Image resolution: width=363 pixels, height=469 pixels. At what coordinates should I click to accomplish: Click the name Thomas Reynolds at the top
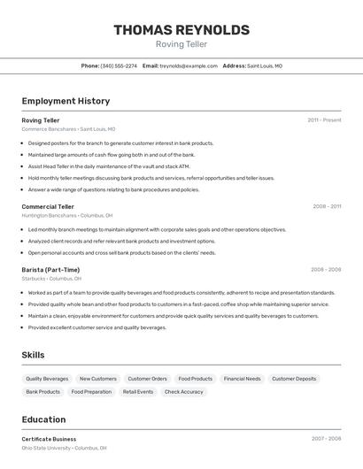(x=181, y=30)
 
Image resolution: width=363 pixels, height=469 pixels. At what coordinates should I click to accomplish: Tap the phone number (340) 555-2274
(x=119, y=65)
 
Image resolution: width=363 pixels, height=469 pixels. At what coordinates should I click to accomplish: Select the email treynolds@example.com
(x=188, y=65)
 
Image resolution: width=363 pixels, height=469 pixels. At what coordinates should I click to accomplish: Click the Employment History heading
(x=66, y=101)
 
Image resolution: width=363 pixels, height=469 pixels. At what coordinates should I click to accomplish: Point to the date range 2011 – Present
(x=324, y=119)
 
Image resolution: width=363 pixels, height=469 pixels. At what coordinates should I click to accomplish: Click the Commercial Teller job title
(x=49, y=206)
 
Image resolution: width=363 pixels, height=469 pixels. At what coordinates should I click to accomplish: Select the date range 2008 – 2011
(x=327, y=206)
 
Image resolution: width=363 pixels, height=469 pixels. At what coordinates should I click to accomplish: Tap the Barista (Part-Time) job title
(x=50, y=269)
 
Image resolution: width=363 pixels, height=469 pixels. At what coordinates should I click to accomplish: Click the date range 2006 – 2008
(x=326, y=269)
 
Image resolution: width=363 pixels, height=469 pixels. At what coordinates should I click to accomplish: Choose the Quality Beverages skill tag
(x=47, y=379)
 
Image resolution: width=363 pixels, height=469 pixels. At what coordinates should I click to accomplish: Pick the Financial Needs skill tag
(x=242, y=379)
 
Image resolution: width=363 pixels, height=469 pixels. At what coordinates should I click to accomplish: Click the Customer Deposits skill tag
(x=294, y=379)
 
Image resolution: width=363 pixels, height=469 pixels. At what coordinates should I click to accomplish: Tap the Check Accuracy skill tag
(x=183, y=391)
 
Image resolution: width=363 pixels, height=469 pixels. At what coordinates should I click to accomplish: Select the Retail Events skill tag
(x=138, y=391)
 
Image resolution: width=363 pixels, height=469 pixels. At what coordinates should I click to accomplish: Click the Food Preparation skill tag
(x=91, y=391)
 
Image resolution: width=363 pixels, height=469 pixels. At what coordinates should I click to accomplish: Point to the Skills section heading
(x=34, y=355)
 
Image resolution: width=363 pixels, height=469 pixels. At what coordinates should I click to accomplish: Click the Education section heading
(x=43, y=419)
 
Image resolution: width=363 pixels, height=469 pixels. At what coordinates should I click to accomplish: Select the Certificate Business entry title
(x=49, y=439)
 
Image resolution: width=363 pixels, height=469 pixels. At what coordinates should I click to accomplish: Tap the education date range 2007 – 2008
(x=326, y=439)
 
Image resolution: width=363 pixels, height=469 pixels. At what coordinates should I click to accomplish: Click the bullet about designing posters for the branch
(x=120, y=142)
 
